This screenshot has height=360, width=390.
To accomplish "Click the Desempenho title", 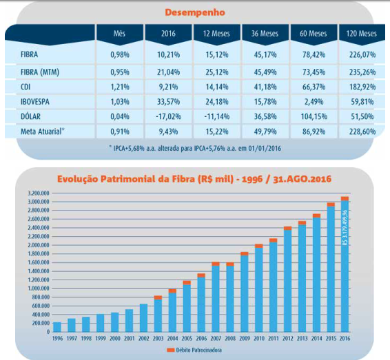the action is [195, 12].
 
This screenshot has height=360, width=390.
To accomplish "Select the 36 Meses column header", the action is [265, 33].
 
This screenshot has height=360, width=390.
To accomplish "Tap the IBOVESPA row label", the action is [35, 102].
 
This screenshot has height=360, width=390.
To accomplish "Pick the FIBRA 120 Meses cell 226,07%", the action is [362, 54].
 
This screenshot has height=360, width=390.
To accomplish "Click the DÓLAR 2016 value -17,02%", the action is [168, 116].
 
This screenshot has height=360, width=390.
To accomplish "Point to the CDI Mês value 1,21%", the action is [120, 87].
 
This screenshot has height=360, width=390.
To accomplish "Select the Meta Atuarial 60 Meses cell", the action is [314, 131].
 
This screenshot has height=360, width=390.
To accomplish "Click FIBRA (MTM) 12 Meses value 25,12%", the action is [217, 72].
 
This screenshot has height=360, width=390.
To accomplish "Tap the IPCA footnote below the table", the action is [195, 148].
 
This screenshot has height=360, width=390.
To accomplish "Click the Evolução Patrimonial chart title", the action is [194, 179].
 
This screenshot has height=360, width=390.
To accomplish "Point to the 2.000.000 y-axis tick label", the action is [39, 245].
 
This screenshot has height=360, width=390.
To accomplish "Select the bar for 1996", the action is [57, 327].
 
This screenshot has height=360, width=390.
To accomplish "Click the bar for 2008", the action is [230, 297].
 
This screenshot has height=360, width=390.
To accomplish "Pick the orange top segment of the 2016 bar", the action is [345, 198].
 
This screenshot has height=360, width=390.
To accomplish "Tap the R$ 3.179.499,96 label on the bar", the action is [345, 228].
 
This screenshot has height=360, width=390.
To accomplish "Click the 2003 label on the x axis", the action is [158, 339].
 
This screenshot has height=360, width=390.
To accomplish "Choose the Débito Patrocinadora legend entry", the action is [194, 350].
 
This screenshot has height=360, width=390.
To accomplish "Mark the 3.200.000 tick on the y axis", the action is [39, 193].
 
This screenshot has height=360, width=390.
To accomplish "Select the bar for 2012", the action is [287, 279].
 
